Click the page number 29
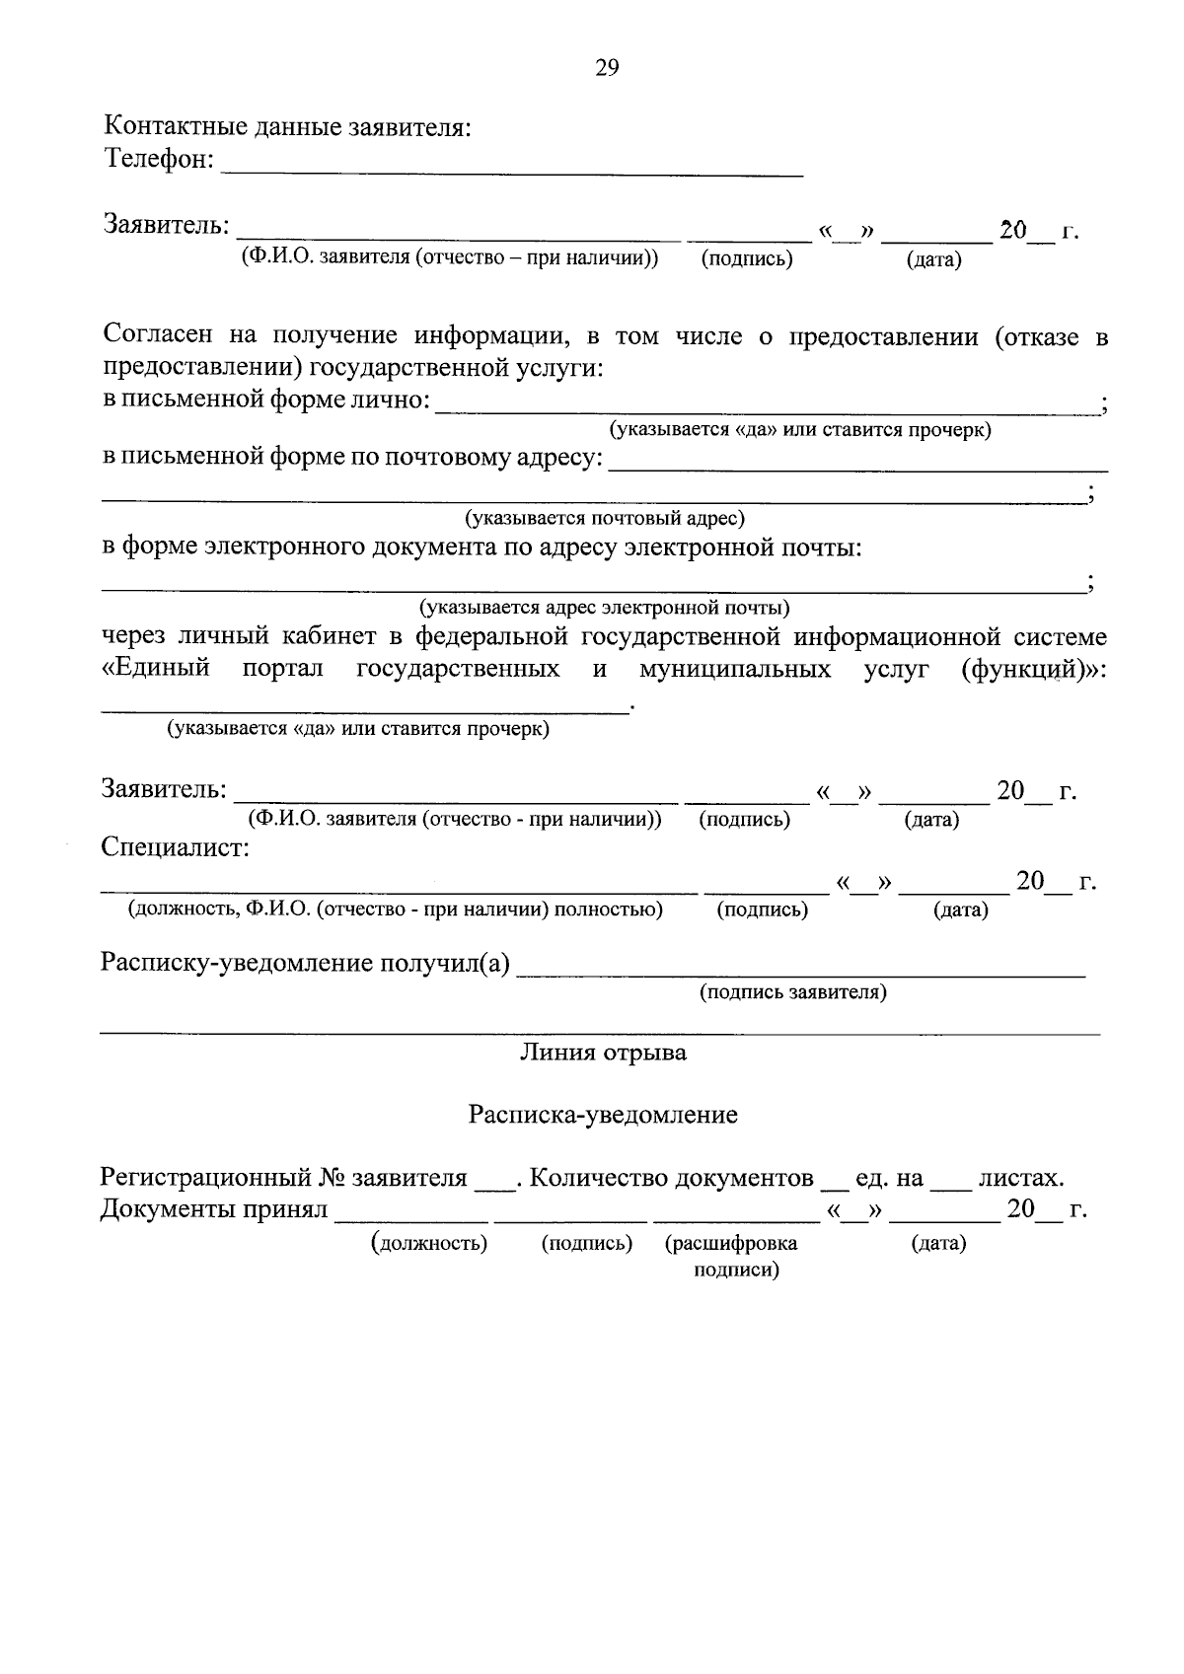coord(607,68)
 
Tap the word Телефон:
coord(159,159)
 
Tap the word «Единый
coord(156,669)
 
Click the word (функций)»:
coord(1033,669)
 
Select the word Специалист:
coord(175,847)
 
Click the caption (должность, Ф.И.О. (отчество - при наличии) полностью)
coord(395,910)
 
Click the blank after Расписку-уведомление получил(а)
coord(800,968)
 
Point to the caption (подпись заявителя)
coord(792,992)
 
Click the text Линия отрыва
coord(603,1053)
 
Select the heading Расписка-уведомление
coord(603,1115)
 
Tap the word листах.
coord(1021,1178)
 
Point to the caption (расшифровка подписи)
coord(732,1256)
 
